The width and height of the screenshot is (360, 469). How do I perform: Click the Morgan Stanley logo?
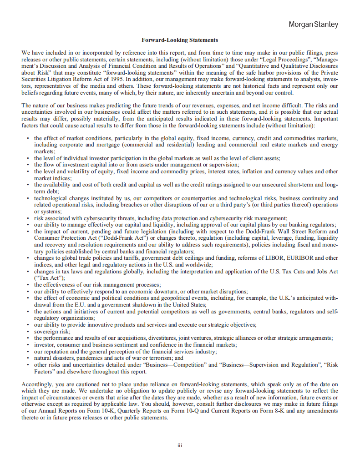314,25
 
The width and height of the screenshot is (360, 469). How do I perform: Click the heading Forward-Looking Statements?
180,40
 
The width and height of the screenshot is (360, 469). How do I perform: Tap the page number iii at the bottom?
180,445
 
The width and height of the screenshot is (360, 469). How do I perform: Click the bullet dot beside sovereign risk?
28,332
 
